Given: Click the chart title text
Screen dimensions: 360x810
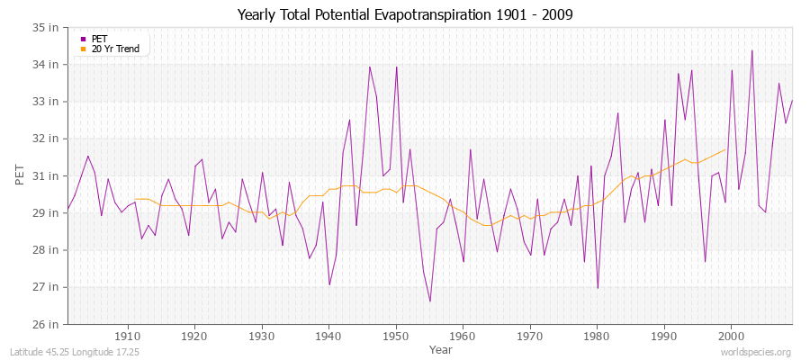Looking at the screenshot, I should coord(405,14).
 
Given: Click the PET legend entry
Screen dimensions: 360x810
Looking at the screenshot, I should coord(99,39).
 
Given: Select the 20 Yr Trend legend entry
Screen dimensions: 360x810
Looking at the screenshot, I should coord(115,49).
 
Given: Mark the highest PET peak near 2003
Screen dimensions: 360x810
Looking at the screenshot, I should coord(751,50).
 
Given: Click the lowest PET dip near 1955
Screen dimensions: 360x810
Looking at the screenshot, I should coord(429,301).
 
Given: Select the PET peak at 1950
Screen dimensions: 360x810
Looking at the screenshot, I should coord(396,67).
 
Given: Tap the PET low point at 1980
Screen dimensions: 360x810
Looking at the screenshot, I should coord(598,288).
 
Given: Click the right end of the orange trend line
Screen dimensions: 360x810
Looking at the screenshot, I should coord(725,149).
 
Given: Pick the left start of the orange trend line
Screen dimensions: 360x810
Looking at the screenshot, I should coord(134,199).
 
